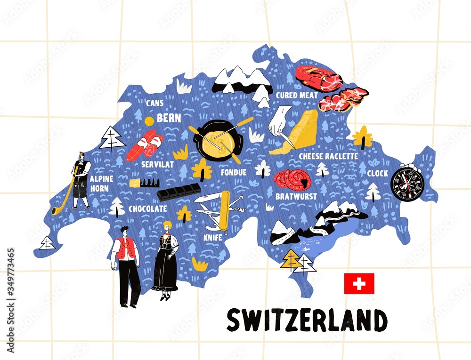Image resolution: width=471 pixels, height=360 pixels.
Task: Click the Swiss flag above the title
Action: coord(359,283)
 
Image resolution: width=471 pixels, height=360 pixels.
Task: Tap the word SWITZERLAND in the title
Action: coord(307,320)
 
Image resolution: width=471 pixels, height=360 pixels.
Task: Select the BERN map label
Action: coord(169,118)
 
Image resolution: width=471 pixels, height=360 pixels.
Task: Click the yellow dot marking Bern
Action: coord(149,121)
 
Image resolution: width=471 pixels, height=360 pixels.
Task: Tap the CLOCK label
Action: coord(378,173)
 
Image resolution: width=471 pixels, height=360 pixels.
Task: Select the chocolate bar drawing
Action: coord(179,192)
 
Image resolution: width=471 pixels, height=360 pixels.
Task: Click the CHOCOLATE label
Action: coord(147,208)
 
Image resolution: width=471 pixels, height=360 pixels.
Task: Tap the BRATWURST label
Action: coord(296,196)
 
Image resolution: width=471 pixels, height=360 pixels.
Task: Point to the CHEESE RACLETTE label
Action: coord(328,156)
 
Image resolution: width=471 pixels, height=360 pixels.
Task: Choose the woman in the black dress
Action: coord(166,261)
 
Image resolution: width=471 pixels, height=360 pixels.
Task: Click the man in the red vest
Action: coord(126,266)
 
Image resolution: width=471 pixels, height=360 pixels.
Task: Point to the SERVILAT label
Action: coord(157,165)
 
